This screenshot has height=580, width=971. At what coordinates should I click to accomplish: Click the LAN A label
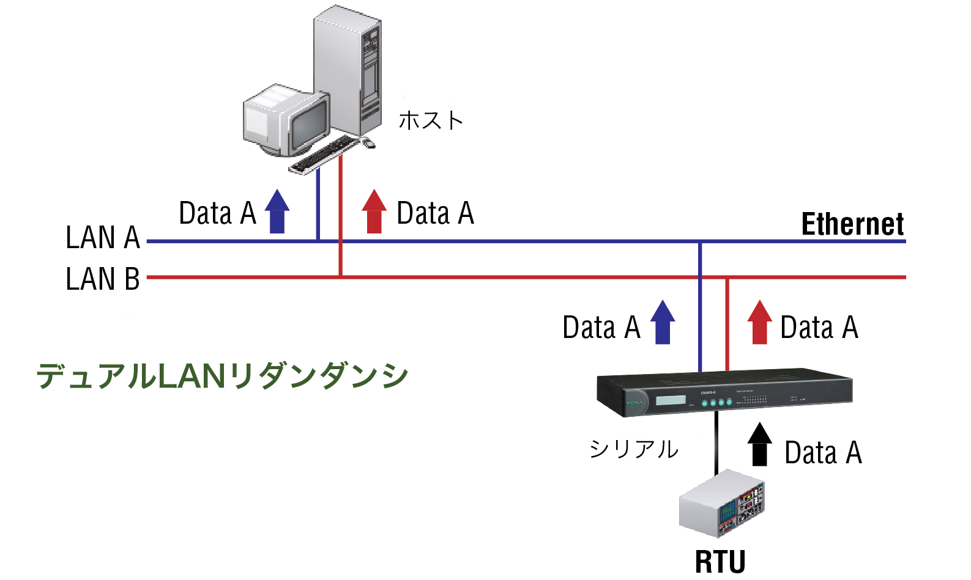coord(103,238)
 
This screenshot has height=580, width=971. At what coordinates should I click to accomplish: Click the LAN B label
coord(103,279)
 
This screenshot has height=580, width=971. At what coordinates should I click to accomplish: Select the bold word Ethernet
coord(852,224)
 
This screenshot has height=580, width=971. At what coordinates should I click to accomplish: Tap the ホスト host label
coord(431,120)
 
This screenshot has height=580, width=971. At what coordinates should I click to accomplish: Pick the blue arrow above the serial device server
coord(663,322)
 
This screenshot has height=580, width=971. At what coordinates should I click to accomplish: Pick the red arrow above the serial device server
coord(759,322)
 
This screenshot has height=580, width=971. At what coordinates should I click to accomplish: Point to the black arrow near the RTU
coord(759,444)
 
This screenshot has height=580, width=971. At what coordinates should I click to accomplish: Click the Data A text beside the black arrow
coord(823,453)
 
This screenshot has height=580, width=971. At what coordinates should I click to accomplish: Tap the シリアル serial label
coord(634,449)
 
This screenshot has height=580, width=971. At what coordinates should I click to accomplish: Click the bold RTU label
coord(720,562)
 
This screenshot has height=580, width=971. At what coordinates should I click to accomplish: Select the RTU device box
coord(722,504)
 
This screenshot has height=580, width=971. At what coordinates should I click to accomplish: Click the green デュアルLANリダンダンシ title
coord(222,376)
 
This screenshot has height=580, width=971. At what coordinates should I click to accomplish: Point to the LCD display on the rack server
coord(671,400)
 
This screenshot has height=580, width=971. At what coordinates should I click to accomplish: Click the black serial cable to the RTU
coord(716,443)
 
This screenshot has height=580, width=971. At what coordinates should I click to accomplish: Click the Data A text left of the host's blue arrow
coord(217,213)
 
